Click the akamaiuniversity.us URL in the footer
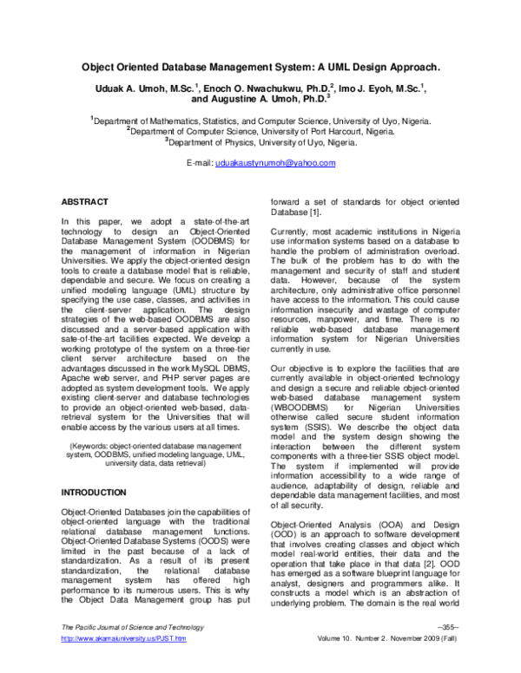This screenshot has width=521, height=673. pyautogui.click(x=121, y=663)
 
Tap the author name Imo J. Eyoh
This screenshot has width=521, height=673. pyautogui.click(x=361, y=87)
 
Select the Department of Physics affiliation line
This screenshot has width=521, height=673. pyautogui.click(x=260, y=143)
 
